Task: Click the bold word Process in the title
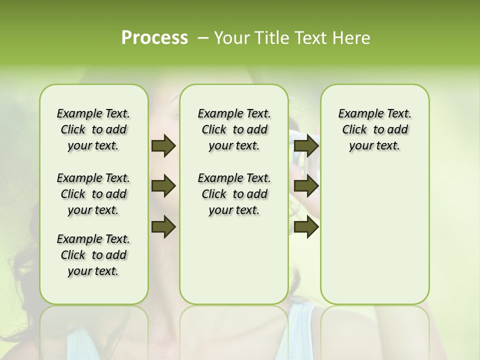point(154,38)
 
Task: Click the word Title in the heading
point(269,38)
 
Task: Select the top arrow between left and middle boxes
point(163,146)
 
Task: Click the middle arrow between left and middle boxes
point(163,186)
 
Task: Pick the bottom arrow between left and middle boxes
point(163,226)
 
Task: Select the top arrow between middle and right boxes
point(306,146)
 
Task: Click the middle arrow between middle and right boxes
point(306,186)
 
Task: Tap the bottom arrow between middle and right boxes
point(306,226)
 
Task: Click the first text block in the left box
point(93,130)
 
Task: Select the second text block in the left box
point(93,194)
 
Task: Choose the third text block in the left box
point(93,255)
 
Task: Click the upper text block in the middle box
point(234,130)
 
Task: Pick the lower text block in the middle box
point(234,194)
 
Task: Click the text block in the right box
point(374,130)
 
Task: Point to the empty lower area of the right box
point(374,235)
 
